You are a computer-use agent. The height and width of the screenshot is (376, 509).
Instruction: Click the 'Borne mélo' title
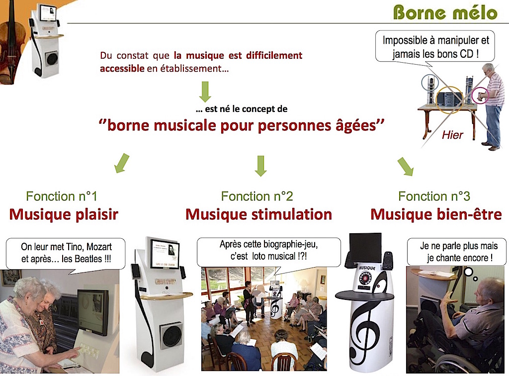(x=445, y=13)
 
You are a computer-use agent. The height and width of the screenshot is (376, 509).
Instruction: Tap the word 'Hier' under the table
(x=452, y=135)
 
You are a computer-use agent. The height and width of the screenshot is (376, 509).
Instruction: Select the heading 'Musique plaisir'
(x=64, y=215)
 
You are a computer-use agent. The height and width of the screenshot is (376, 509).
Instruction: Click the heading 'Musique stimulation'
(x=258, y=215)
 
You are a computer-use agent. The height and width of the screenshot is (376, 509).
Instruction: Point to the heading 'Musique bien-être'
(x=436, y=215)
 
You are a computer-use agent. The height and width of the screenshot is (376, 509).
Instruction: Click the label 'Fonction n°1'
(x=62, y=196)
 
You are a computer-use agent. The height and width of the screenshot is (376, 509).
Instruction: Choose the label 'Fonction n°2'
(x=257, y=196)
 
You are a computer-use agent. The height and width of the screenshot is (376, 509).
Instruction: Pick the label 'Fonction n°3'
(x=434, y=196)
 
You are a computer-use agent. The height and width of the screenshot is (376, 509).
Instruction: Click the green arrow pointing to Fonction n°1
(x=122, y=163)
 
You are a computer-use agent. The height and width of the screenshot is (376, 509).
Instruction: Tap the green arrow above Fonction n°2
(x=260, y=166)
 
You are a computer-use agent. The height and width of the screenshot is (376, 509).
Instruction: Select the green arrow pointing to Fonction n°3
(x=406, y=167)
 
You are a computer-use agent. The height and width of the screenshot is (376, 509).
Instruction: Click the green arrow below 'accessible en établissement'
(x=205, y=92)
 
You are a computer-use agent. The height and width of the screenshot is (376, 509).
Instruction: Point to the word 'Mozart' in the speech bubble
(x=99, y=247)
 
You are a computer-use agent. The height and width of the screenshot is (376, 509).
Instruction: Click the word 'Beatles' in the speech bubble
(x=88, y=259)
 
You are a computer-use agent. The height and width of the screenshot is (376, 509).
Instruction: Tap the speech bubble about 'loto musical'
(x=269, y=252)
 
